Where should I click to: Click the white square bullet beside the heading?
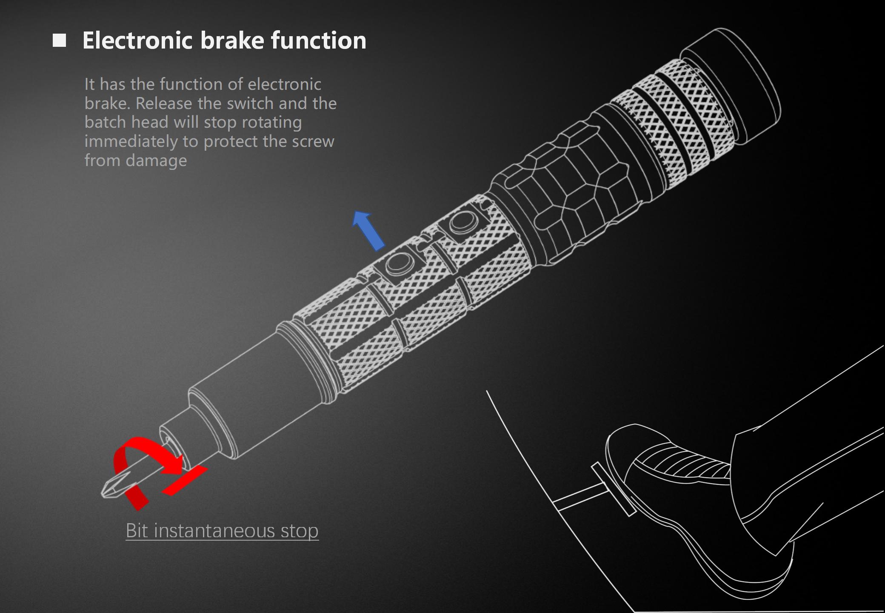coord(60,40)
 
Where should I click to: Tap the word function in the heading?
coord(318,40)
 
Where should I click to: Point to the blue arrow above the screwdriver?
coord(368,230)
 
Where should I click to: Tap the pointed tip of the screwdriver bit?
coord(105,493)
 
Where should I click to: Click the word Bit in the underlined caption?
coord(137,531)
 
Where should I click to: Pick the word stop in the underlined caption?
coord(300,531)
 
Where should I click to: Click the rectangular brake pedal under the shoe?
coord(613,490)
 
